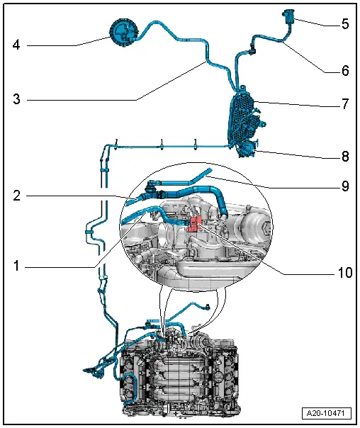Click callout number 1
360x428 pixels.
[16, 265]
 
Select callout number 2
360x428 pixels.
[16, 196]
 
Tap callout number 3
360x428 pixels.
[16, 98]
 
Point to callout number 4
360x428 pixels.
[16, 45]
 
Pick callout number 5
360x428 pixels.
[345, 24]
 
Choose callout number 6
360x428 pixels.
[345, 70]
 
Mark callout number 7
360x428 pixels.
[345, 103]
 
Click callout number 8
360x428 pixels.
[345, 157]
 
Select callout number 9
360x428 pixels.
[345, 186]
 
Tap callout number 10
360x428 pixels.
[345, 272]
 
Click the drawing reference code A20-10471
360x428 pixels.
[327, 412]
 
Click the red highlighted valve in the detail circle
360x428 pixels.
[195, 224]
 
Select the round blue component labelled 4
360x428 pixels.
[123, 33]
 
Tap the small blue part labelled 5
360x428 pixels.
[288, 16]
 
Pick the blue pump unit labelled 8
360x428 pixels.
[247, 149]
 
